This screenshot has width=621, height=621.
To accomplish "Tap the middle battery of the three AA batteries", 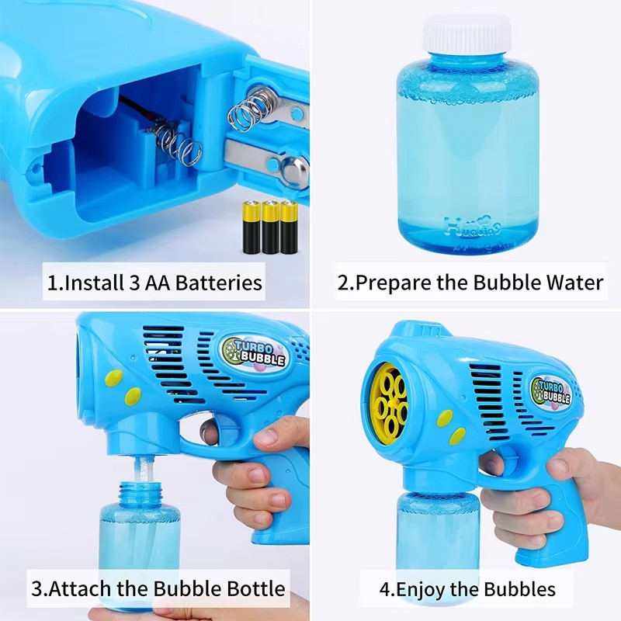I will [x=270, y=227].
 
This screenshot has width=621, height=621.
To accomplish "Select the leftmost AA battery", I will [x=252, y=227].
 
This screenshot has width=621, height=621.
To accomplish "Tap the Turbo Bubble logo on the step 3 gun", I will [x=254, y=352].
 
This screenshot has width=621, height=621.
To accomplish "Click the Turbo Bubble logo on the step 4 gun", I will [x=553, y=390].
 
